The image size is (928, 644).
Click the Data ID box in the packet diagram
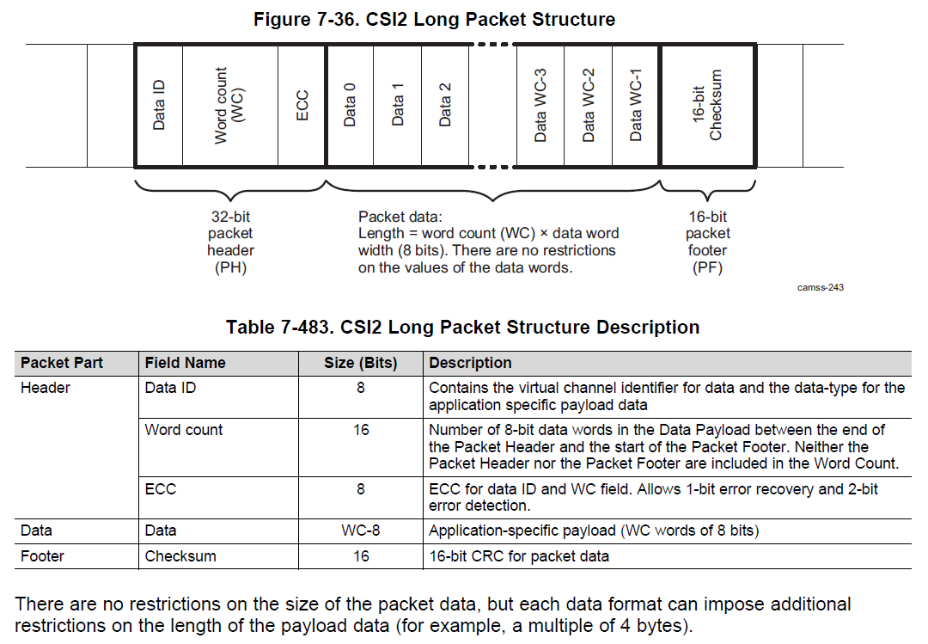click(159, 105)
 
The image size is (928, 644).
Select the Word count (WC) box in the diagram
click(230, 105)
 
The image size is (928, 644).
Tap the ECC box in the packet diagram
click(302, 105)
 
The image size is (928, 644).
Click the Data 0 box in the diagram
click(350, 105)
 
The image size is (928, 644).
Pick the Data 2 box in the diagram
click(445, 105)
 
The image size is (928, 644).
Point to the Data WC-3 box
click(540, 105)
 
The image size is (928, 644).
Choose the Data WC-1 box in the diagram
click(636, 105)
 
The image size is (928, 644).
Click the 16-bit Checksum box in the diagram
click(708, 105)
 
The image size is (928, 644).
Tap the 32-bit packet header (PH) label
click(230, 242)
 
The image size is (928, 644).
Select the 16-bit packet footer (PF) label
click(708, 242)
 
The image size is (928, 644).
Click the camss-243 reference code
click(820, 287)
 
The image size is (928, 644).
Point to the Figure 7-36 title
click(434, 19)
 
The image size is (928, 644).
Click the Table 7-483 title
click(462, 327)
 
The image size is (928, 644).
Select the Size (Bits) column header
click(360, 363)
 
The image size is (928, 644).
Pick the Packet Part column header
click(62, 363)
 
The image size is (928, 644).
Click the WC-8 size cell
click(360, 531)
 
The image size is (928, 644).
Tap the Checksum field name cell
click(180, 556)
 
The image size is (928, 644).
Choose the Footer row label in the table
click(43, 556)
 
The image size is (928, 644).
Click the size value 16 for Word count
click(360, 429)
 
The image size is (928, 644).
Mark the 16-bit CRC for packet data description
click(519, 556)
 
